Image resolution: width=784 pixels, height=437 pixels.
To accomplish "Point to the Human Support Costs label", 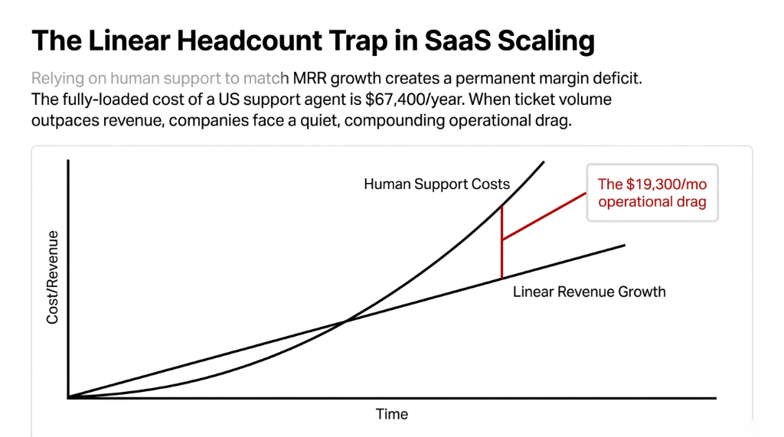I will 436,184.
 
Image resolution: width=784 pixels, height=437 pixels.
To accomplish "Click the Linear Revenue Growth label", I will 589,292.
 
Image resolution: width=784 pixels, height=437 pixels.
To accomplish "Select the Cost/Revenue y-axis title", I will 53,276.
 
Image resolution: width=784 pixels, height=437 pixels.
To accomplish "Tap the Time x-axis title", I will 392,414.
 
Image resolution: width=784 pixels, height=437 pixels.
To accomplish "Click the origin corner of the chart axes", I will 69,397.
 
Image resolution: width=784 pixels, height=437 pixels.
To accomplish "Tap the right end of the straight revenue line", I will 625,245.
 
